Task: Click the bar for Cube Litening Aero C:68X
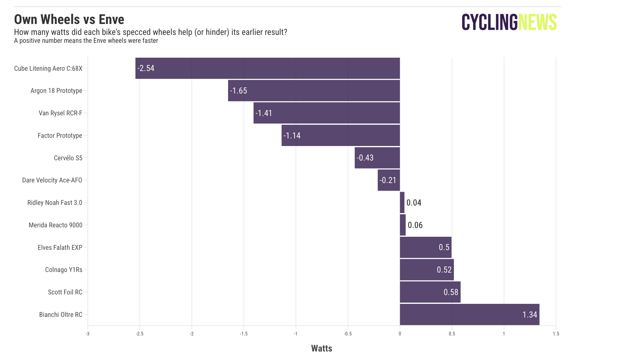(x=267, y=68)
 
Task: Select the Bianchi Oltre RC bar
(x=469, y=314)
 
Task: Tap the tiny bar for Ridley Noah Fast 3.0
(x=402, y=202)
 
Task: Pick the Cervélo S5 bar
(x=377, y=158)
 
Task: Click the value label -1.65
(x=239, y=91)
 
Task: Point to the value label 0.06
(x=415, y=225)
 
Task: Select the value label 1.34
(x=530, y=314)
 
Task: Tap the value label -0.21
(x=388, y=180)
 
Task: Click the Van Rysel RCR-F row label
(x=60, y=113)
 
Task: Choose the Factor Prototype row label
(x=60, y=135)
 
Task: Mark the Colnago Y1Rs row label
(x=64, y=270)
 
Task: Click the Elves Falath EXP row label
(x=60, y=247)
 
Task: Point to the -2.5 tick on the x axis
(x=140, y=334)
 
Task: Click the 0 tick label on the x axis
(x=400, y=334)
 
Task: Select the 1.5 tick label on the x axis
(x=556, y=334)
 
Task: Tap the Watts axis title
(x=322, y=348)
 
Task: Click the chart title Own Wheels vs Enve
(x=69, y=19)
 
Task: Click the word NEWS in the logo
(x=537, y=22)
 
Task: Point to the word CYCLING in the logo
(x=489, y=22)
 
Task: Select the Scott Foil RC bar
(x=430, y=292)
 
